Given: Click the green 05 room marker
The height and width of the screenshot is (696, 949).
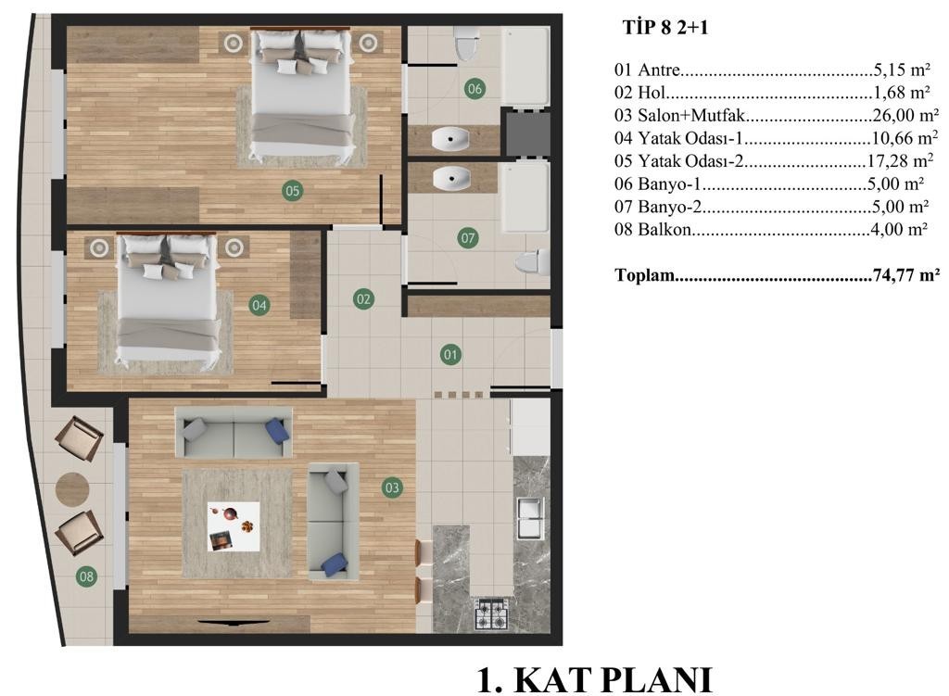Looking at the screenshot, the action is pos(292,191).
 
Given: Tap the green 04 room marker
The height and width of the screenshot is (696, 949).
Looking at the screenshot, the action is pos(259,305).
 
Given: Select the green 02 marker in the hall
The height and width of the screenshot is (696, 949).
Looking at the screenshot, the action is pos(363,298).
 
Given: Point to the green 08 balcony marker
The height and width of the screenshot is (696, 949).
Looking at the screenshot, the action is pos(86,576).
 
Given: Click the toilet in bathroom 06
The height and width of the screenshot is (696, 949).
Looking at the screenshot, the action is pos(467,43).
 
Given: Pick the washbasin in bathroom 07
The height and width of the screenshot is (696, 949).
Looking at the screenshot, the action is pos(451,179).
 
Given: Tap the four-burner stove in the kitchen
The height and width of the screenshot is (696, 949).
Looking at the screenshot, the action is pos(491,614).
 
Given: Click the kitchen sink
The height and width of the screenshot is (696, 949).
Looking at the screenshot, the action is pos(530,517).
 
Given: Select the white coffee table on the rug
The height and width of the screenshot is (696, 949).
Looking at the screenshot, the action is pos(234,526).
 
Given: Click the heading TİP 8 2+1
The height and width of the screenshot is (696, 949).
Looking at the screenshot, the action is pos(665,27).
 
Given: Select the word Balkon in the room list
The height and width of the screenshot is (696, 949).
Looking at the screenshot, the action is pos(664,230).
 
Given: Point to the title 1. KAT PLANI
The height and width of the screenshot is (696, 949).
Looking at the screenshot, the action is pos(595,679).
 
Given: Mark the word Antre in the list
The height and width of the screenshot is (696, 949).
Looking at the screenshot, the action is pos(659,70).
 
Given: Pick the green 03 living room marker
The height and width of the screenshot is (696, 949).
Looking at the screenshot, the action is pos(392,487).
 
